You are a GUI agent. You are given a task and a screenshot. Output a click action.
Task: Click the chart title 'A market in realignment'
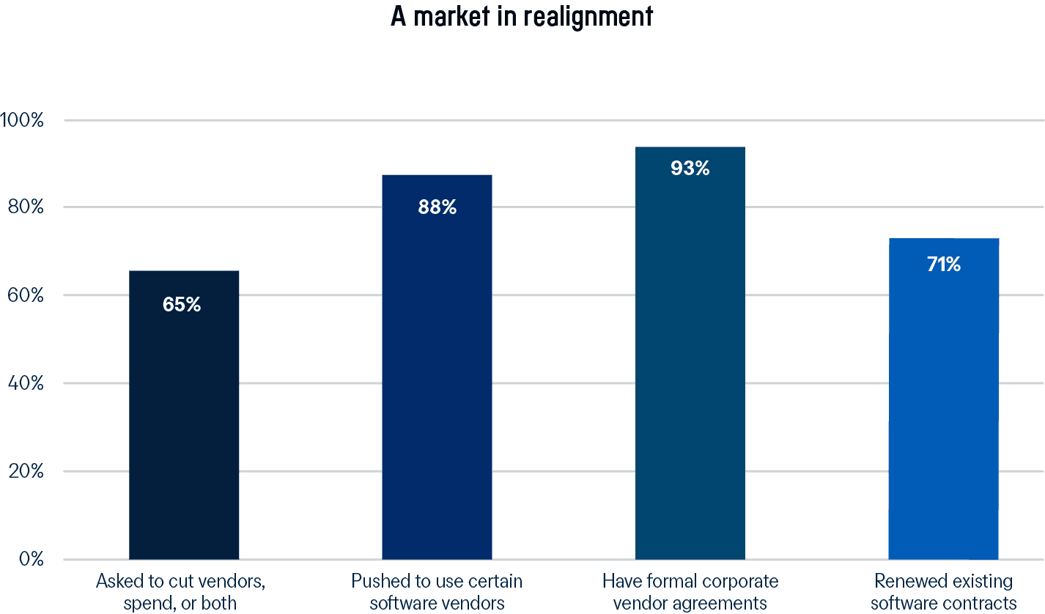coord(521,16)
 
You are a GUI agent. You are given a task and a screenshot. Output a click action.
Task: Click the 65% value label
coord(182,304)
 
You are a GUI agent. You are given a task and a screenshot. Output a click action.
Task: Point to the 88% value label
coord(437,207)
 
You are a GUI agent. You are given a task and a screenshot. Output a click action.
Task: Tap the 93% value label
coord(690,169)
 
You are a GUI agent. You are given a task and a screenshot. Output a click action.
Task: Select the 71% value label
coord(943,265)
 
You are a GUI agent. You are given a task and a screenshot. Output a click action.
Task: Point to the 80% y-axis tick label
coord(24,207)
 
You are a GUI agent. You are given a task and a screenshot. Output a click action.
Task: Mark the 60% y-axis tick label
coord(24,295)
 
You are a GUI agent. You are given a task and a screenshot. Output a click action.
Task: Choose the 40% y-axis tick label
coord(24,383)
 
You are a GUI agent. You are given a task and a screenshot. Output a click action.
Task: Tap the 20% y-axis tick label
coord(24,471)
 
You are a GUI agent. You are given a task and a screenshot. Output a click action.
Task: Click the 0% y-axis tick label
coord(30,559)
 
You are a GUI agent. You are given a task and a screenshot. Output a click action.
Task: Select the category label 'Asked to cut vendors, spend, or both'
coord(181,592)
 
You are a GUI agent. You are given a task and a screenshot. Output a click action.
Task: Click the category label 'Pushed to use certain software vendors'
coord(437,592)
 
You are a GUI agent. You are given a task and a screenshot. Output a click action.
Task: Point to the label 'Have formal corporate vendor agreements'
coord(690,592)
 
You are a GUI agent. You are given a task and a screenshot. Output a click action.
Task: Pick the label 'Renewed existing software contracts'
coord(944,592)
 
